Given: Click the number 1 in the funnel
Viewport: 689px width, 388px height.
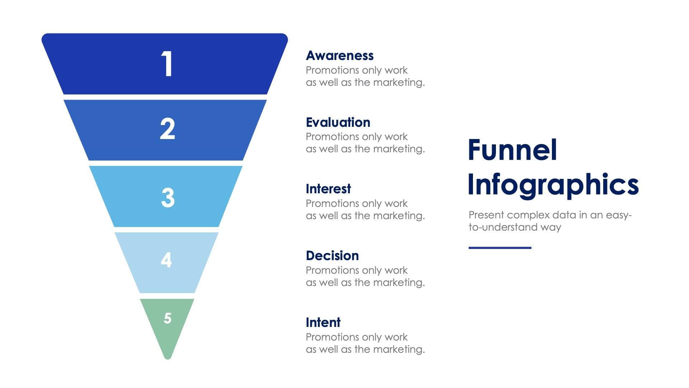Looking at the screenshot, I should pyautogui.click(x=167, y=64).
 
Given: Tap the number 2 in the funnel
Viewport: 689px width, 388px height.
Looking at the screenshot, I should pyautogui.click(x=167, y=129).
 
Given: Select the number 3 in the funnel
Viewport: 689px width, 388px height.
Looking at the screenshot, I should pyautogui.click(x=168, y=198).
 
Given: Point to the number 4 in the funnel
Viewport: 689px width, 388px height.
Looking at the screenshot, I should pyautogui.click(x=166, y=260).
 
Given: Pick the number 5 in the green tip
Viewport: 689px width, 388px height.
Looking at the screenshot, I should pyautogui.click(x=168, y=318).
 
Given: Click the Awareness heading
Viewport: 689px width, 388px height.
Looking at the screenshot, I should pyautogui.click(x=339, y=56).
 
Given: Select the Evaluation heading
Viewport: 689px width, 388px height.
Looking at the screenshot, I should pyautogui.click(x=338, y=123).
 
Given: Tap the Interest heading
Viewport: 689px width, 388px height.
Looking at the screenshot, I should pyautogui.click(x=328, y=189).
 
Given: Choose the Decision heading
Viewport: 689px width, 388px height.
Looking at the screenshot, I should pyautogui.click(x=332, y=256).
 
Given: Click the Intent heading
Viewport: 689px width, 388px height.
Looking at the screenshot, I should pyautogui.click(x=323, y=323).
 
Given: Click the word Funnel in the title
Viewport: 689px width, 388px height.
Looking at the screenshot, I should pyautogui.click(x=512, y=150).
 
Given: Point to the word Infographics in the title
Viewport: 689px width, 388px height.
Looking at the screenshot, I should pyautogui.click(x=553, y=185).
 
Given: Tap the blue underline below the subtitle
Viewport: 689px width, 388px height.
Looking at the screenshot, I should pyautogui.click(x=500, y=248).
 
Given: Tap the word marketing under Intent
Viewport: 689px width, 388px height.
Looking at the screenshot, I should pyautogui.click(x=398, y=349).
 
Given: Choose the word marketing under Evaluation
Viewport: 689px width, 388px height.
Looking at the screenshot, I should pyautogui.click(x=398, y=149).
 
